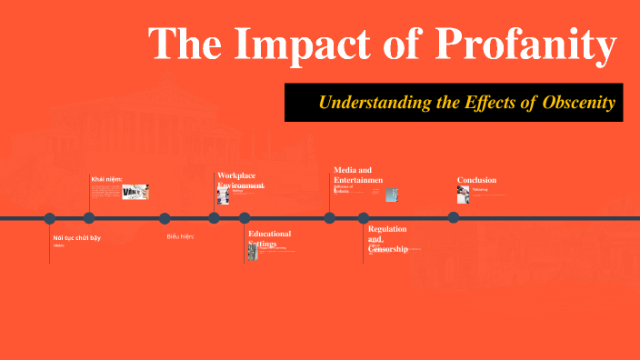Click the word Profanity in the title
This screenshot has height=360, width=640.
click(527, 45)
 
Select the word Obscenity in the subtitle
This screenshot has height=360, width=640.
click(580, 103)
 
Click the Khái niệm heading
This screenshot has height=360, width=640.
click(106, 179)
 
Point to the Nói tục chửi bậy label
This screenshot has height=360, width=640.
click(76, 237)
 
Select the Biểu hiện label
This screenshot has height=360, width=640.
click(180, 236)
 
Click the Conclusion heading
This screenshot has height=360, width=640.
click(477, 180)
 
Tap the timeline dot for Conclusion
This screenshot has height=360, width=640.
click(453, 217)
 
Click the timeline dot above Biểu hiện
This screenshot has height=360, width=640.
click(165, 218)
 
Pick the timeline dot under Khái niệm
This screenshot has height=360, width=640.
click(89, 218)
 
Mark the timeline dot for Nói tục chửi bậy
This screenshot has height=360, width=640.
click(50, 218)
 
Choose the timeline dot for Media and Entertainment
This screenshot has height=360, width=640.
click(329, 218)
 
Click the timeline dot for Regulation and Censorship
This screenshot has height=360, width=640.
click(363, 218)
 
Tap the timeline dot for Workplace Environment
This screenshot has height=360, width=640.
click(214, 218)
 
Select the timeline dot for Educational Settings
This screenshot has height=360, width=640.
click(244, 218)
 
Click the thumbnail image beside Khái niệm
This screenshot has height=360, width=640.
click(135, 192)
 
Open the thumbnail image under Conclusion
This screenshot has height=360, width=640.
click(464, 195)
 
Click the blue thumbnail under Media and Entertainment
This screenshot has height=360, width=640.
click(391, 195)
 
